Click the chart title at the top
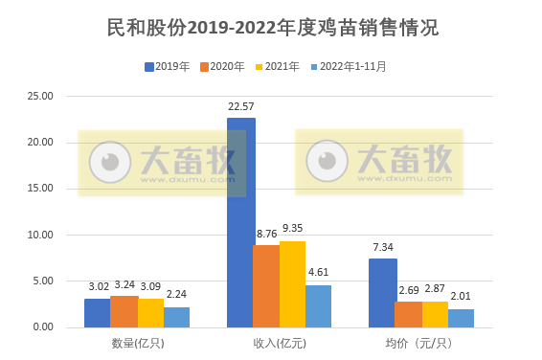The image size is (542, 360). pyautogui.click(x=272, y=28)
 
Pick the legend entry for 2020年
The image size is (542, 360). pyautogui.click(x=227, y=66)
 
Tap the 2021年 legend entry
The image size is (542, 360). pyautogui.click(x=282, y=66)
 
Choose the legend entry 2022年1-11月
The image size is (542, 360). pyautogui.click(x=353, y=66)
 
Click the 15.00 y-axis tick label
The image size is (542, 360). pyautogui.click(x=41, y=189)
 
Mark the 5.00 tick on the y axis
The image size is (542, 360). pyautogui.click(x=43, y=281)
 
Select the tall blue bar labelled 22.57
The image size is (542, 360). pyautogui.click(x=240, y=222)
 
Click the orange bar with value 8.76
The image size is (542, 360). pyautogui.click(x=266, y=285)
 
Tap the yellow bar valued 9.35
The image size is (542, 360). pyautogui.click(x=292, y=283)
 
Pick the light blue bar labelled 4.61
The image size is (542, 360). pyautogui.click(x=318, y=305)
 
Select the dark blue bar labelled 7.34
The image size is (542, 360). pyautogui.click(x=382, y=292)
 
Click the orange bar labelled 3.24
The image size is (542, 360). pyautogui.click(x=124, y=311)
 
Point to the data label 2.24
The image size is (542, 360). pyautogui.click(x=176, y=295)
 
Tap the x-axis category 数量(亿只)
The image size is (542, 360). pyautogui.click(x=137, y=342)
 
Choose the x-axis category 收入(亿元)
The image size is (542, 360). pyautogui.click(x=279, y=342)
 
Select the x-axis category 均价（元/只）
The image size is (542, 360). pyautogui.click(x=421, y=342)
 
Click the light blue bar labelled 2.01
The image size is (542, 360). pyautogui.click(x=461, y=318)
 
